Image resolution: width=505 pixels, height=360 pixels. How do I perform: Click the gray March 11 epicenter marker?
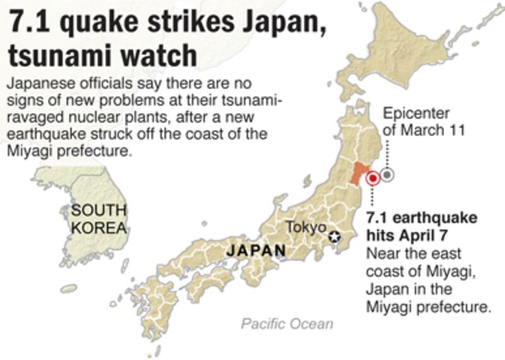(388, 175)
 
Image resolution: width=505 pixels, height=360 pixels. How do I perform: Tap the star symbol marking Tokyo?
(335, 237)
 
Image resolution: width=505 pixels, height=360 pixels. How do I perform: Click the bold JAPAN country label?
(256, 251)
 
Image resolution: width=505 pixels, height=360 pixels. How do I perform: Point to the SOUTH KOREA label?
(99, 219)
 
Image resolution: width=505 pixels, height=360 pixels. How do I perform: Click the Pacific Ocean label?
(287, 324)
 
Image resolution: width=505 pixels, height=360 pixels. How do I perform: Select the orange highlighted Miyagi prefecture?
(360, 172)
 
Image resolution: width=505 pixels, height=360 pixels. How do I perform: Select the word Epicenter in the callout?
(417, 114)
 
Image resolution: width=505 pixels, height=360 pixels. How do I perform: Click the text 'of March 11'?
(424, 131)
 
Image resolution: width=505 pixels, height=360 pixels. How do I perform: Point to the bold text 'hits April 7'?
(407, 236)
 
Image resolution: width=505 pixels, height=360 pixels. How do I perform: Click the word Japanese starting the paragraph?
(37, 84)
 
